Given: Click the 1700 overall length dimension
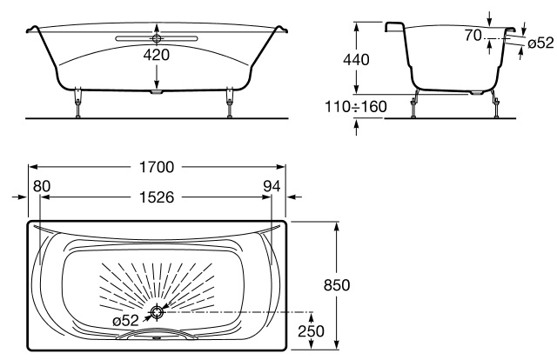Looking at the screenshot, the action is pyautogui.click(x=157, y=167).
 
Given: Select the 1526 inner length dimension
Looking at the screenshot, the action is pyautogui.click(x=157, y=197).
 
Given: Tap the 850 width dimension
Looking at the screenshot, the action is pyautogui.click(x=337, y=285).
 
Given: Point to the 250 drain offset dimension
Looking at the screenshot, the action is pyautogui.click(x=311, y=331).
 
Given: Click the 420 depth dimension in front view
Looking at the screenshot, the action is pyautogui.click(x=157, y=55).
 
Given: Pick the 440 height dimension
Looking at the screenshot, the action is pyautogui.click(x=356, y=60).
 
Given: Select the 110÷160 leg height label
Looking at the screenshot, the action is pyautogui.click(x=356, y=106).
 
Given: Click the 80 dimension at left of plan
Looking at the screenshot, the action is pyautogui.click(x=42, y=186).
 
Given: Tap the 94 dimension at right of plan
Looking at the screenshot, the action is pyautogui.click(x=272, y=186).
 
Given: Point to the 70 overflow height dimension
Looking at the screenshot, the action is pyautogui.click(x=473, y=35).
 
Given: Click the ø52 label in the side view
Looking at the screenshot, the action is pyautogui.click(x=540, y=43).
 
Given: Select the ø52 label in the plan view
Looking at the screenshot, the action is pyautogui.click(x=125, y=321).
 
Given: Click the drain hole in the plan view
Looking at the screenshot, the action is pyautogui.click(x=157, y=312).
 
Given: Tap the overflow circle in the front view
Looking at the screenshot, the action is pyautogui.click(x=157, y=38).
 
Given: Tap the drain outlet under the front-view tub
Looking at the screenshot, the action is pyautogui.click(x=157, y=92).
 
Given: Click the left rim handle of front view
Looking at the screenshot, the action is pyautogui.click(x=32, y=29).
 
